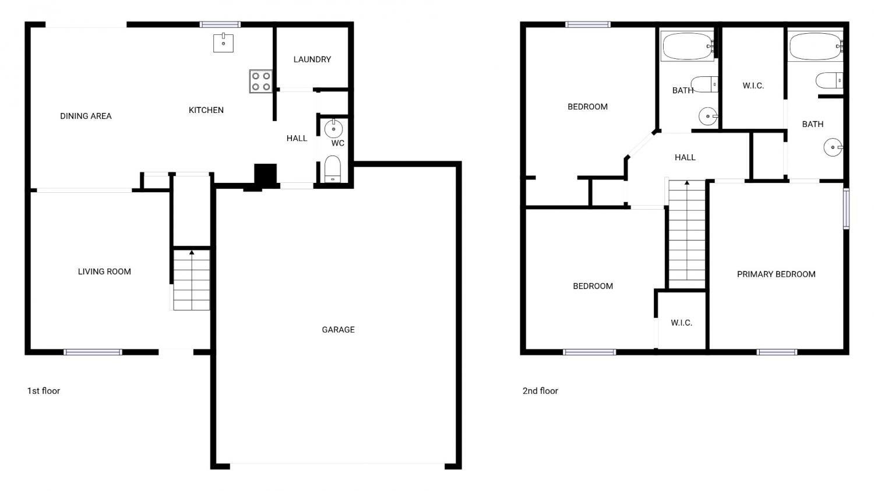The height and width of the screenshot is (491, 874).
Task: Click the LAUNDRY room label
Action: click(x=312, y=59)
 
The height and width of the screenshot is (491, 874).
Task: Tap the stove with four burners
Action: click(x=260, y=81)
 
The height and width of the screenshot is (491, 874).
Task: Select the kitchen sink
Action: click(x=223, y=43)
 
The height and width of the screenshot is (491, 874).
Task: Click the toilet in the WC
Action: click(x=333, y=169)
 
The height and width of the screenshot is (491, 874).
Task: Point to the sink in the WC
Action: click(x=334, y=128)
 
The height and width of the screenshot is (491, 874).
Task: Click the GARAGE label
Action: click(x=339, y=330)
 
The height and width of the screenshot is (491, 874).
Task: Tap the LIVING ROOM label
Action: click(x=104, y=272)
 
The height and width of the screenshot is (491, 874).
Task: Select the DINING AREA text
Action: click(x=86, y=116)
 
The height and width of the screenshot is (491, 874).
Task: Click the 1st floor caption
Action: click(x=44, y=391)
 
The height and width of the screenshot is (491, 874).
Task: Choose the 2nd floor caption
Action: click(x=540, y=391)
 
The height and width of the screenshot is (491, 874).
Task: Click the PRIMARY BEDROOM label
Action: click(x=776, y=274)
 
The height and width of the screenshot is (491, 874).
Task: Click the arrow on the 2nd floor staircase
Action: click(x=687, y=182)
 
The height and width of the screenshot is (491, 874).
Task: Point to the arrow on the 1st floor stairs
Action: click(x=192, y=253)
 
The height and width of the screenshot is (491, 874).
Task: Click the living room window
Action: click(x=93, y=352)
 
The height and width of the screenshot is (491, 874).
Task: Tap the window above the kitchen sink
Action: click(x=220, y=24)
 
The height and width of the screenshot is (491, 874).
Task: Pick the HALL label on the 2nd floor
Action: click(x=685, y=158)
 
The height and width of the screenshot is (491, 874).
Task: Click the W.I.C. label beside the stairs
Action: click(x=682, y=323)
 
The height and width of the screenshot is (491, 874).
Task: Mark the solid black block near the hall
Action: click(x=265, y=174)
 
